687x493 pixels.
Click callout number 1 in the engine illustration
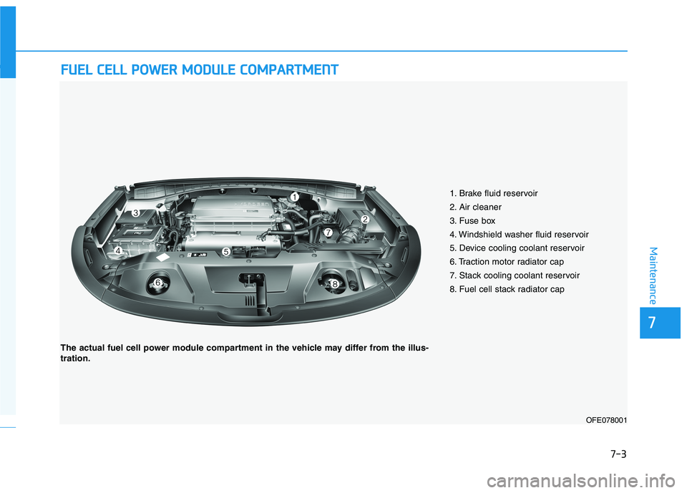click(293, 196)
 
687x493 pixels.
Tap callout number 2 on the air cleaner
click(364, 219)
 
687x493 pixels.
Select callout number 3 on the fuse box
click(135, 213)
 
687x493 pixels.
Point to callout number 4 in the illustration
click(117, 250)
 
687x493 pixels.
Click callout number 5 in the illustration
click(225, 252)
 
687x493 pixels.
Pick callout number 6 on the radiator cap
click(157, 283)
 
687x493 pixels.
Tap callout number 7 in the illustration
click(328, 233)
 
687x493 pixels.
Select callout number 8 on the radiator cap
click(334, 285)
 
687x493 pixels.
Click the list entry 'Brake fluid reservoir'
click(494, 193)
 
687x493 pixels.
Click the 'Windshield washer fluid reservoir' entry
click(519, 234)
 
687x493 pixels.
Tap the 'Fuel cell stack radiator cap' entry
click(507, 289)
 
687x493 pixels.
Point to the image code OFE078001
click(605, 420)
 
